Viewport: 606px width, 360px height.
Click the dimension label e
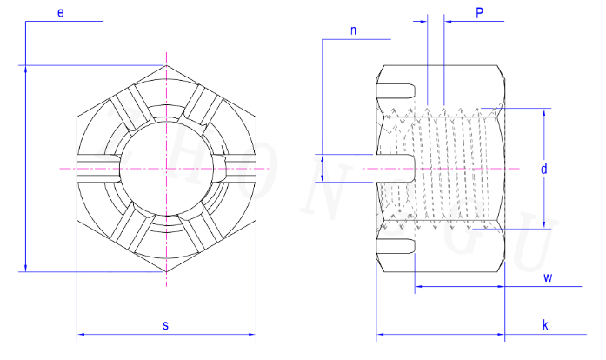pos(61,13)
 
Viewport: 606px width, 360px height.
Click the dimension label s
pos(165,325)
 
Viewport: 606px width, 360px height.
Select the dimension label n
pos(353,30)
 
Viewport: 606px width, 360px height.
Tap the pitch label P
pos(479,13)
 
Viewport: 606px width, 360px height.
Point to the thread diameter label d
pos(543,169)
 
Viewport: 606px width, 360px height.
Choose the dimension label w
pos(548,277)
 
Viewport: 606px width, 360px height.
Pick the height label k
pos(545,325)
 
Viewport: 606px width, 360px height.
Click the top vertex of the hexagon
pos(167,65)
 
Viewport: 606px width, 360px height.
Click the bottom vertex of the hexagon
pos(167,272)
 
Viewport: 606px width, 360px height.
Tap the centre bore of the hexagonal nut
pos(167,169)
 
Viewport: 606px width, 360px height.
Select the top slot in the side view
pos(396,90)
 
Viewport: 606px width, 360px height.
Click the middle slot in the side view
pos(395,168)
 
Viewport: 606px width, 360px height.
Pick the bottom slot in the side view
pos(396,246)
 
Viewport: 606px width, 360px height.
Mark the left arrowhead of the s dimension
pos(80,334)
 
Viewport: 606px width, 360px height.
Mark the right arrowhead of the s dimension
pos(252,334)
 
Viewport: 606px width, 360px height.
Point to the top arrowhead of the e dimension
pos(25,69)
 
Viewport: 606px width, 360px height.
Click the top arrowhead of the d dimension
pos(543,112)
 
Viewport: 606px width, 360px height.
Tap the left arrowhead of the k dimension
pos(380,334)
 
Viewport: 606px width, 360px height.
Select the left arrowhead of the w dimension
pos(418,287)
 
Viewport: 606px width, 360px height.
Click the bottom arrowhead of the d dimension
pos(543,225)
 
